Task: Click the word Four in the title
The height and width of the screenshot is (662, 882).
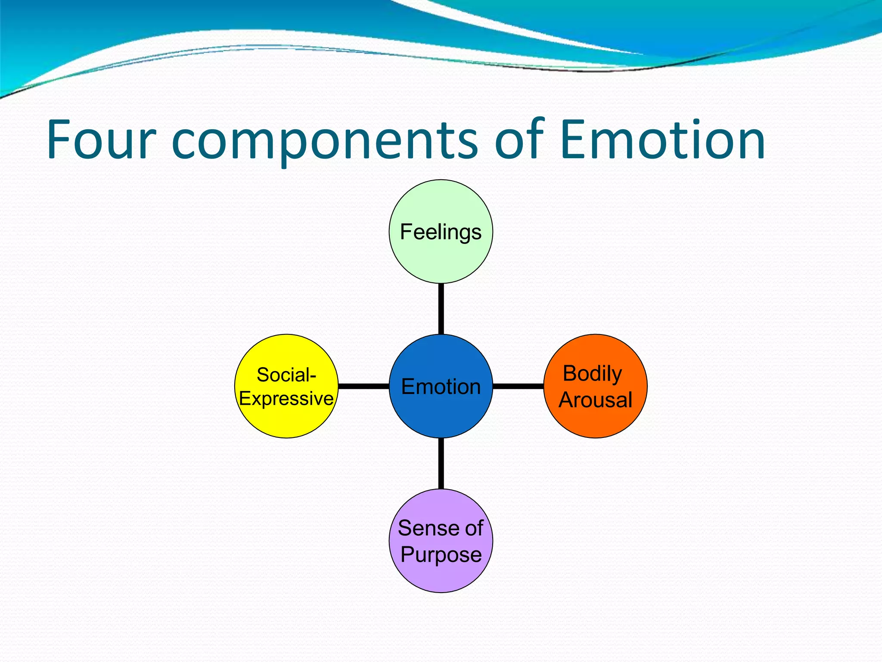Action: (x=101, y=140)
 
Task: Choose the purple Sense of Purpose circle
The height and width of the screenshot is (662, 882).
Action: (x=441, y=575)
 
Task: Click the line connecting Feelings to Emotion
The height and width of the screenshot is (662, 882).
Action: (x=441, y=309)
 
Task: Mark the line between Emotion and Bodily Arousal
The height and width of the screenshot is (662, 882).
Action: (x=518, y=386)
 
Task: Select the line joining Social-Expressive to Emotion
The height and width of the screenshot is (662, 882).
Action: (x=364, y=386)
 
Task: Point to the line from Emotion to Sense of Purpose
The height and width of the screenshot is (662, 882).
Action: (x=441, y=463)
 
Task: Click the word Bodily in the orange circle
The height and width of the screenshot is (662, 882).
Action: (x=592, y=373)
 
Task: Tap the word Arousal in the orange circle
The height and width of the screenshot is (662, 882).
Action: (x=596, y=400)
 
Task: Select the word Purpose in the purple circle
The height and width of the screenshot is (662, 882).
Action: (x=441, y=554)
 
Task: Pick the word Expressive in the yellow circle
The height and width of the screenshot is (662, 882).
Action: (x=286, y=398)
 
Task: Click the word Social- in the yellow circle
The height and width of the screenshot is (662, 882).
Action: (x=286, y=375)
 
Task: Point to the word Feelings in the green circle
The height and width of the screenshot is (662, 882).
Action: (x=441, y=232)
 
